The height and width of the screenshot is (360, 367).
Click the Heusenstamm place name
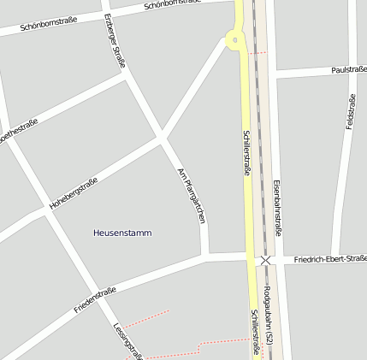(x=122, y=233)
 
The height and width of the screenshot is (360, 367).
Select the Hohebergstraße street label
(x=74, y=193)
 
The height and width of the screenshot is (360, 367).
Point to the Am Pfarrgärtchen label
(x=192, y=196)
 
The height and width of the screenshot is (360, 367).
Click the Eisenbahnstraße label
(x=278, y=209)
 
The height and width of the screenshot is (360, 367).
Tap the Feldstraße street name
(x=350, y=111)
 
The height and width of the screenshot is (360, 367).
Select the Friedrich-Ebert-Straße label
(x=330, y=258)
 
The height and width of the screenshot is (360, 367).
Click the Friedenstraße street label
(x=95, y=300)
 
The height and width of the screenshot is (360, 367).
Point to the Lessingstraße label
(x=127, y=339)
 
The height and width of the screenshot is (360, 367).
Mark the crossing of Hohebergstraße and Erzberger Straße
(x=160, y=137)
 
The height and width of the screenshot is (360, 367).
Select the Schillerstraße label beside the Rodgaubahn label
(x=255, y=332)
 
